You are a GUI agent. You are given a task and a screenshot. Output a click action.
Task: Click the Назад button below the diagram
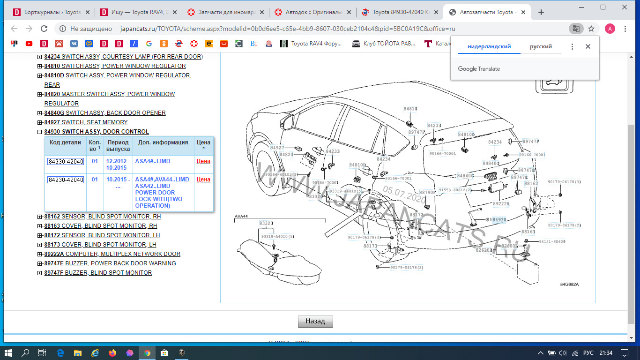tap(315, 321)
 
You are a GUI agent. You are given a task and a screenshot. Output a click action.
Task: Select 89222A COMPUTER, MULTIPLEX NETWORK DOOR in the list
tap(112, 254)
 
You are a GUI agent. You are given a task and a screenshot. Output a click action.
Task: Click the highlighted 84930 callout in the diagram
tap(499, 220)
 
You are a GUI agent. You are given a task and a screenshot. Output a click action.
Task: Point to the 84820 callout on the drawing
tap(286, 155)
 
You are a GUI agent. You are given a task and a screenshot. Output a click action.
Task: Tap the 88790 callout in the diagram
tap(427, 193)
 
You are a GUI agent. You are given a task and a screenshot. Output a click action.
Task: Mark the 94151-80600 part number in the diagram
tap(552, 242)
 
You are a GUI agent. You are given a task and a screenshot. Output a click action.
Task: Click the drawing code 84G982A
tap(569, 285)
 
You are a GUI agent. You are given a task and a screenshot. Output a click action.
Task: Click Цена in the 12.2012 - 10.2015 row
tap(203, 161)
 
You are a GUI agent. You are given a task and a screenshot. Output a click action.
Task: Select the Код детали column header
tap(66, 142)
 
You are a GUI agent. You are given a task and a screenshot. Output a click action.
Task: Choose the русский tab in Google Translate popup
tap(541, 47)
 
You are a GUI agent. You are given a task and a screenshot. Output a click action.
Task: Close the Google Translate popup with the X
tap(588, 47)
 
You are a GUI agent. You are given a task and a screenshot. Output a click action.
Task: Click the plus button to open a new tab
tap(541, 12)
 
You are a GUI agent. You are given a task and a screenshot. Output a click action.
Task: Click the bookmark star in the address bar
tap(591, 29)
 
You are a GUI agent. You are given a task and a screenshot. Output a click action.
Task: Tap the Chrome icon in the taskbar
tap(147, 353)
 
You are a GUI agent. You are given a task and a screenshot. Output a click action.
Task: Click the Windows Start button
tap(8, 353)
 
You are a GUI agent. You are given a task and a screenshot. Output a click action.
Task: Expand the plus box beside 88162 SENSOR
tap(40, 217)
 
